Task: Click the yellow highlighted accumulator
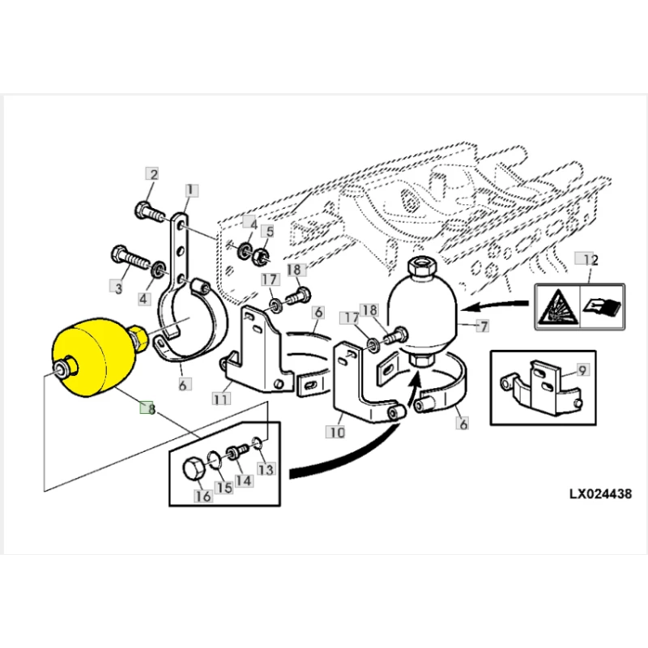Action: (92, 355)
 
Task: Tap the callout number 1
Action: (190, 190)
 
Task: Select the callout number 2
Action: (152, 174)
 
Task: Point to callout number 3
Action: (118, 286)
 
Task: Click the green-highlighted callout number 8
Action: (147, 408)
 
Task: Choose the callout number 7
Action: (484, 326)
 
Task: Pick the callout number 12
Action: (590, 260)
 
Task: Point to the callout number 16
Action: (203, 496)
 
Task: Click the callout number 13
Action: (265, 469)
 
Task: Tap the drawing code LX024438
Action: (595, 492)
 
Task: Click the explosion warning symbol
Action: (557, 308)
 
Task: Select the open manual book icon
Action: (600, 308)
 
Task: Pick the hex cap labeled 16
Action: (194, 469)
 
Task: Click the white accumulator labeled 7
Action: (423, 312)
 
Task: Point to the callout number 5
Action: (270, 231)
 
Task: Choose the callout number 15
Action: (224, 488)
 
